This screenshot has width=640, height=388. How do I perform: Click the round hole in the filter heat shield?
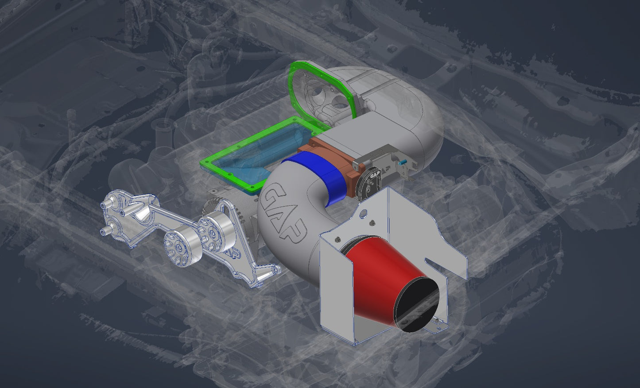click(363, 214)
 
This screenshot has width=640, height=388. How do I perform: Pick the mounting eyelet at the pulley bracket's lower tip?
click(276, 269)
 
